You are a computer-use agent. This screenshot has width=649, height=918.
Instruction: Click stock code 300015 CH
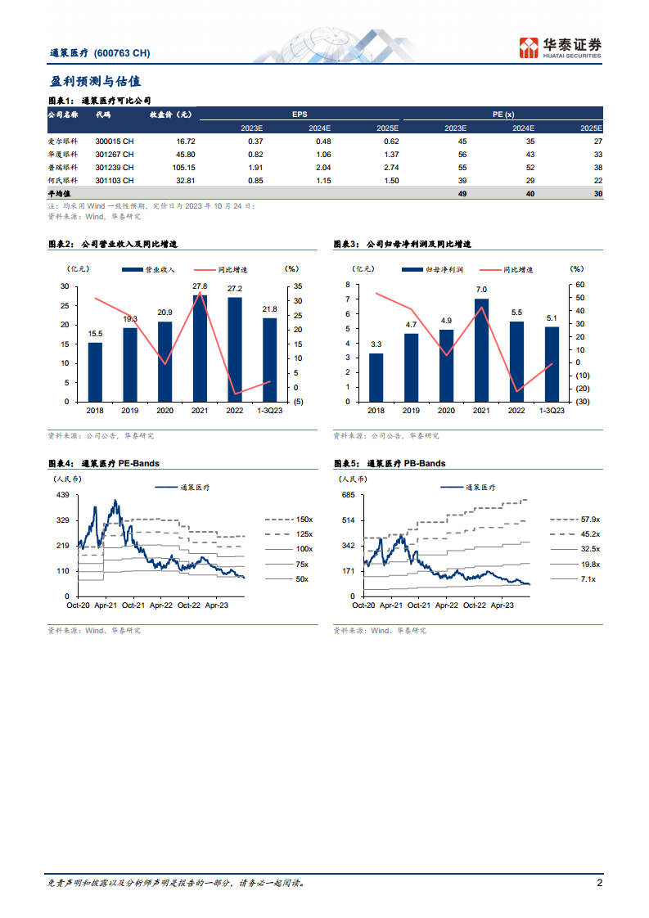(114, 141)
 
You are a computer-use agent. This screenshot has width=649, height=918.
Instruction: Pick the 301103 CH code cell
(114, 180)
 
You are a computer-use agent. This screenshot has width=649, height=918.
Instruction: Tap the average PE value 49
(461, 194)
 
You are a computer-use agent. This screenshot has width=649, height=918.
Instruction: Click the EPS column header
(300, 115)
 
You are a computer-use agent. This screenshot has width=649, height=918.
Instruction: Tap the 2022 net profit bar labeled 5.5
(516, 361)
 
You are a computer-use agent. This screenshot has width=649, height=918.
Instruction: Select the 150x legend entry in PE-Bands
(303, 519)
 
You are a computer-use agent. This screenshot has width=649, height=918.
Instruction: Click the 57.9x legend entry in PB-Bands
(589, 519)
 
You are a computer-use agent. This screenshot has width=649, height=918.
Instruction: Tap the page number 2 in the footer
(599, 882)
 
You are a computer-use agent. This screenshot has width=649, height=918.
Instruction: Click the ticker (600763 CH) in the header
(122, 53)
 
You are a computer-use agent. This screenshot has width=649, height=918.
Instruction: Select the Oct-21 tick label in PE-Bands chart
(132, 605)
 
